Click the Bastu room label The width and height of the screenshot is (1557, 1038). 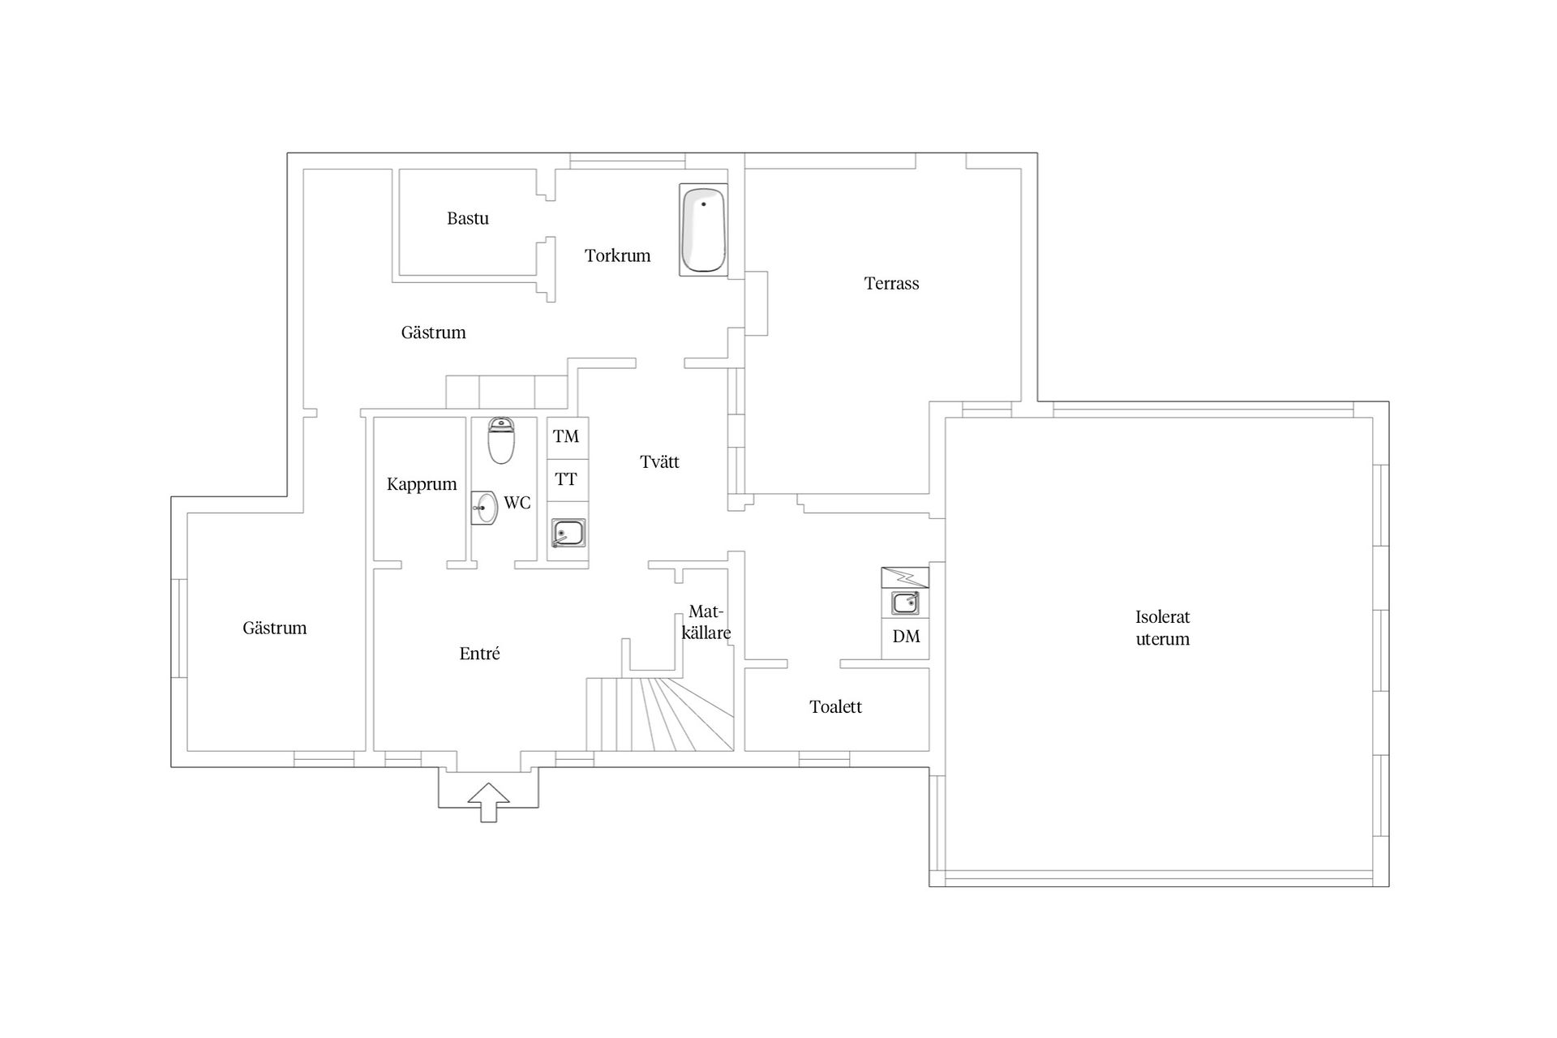pyautogui.click(x=468, y=218)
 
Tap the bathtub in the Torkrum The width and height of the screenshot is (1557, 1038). pyautogui.click(x=703, y=229)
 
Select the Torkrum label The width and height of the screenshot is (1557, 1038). pyautogui.click(x=618, y=255)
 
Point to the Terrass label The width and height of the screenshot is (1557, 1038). pyautogui.click(x=891, y=283)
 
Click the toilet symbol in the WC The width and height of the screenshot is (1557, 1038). pyautogui.click(x=501, y=440)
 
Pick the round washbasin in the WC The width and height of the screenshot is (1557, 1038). pyautogui.click(x=485, y=508)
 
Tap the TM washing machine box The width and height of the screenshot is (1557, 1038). pyautogui.click(x=568, y=437)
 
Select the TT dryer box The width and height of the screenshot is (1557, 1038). pyautogui.click(x=568, y=480)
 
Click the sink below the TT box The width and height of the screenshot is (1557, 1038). pyautogui.click(x=568, y=533)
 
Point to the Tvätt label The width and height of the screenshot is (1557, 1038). pyautogui.click(x=659, y=461)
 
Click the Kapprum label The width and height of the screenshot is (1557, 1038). pyautogui.click(x=422, y=484)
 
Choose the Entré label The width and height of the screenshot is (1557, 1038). pyautogui.click(x=479, y=654)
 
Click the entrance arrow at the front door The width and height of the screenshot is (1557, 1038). pyautogui.click(x=489, y=803)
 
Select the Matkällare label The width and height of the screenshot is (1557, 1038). pyautogui.click(x=706, y=622)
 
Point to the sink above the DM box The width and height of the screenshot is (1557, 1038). pyautogui.click(x=905, y=603)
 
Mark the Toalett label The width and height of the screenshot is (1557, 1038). pyautogui.click(x=835, y=706)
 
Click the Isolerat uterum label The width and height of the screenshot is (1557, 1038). pyautogui.click(x=1162, y=628)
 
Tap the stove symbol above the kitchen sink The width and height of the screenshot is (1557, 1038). pyautogui.click(x=905, y=577)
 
